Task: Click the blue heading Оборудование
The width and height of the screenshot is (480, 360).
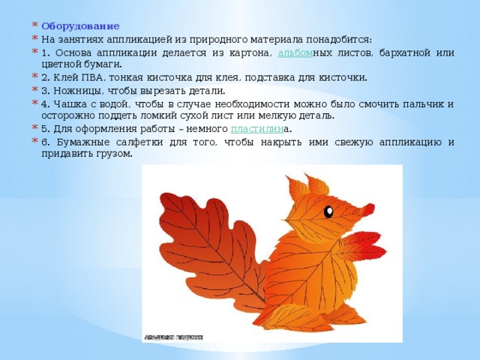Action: [80, 26]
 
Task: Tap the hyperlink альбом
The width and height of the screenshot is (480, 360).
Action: [295, 53]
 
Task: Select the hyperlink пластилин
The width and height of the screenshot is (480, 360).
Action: [257, 129]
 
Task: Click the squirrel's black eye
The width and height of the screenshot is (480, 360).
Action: [328, 211]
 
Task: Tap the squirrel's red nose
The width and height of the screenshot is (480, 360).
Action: [368, 209]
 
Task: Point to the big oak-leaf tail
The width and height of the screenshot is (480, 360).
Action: [211, 248]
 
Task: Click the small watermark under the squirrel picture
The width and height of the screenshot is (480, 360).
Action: [173, 337]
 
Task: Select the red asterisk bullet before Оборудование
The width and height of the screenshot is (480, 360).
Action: [34, 25]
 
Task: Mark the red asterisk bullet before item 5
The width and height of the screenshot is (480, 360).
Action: [34, 127]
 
